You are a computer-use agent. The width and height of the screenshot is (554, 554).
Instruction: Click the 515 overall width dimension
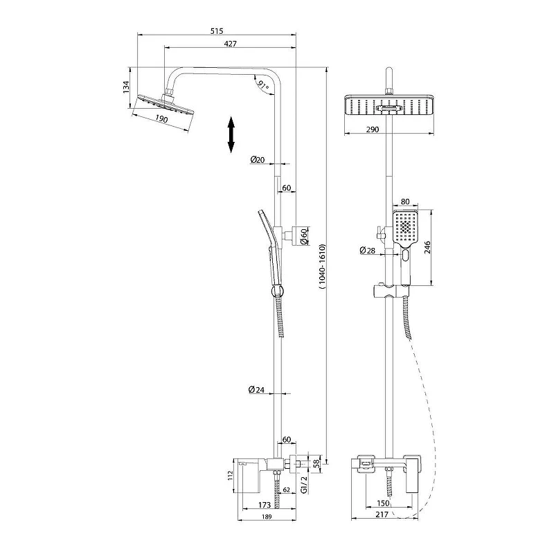click(x=217, y=31)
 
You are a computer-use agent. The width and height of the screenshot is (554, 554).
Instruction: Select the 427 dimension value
click(x=231, y=44)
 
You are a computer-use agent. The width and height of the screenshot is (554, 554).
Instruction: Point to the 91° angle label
click(x=263, y=84)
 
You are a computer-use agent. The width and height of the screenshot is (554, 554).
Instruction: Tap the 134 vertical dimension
click(x=126, y=87)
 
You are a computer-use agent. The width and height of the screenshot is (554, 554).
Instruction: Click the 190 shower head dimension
click(x=161, y=118)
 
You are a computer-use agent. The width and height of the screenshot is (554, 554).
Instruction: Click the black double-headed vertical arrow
click(x=231, y=134)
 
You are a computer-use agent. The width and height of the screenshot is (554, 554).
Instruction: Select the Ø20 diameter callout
click(x=258, y=160)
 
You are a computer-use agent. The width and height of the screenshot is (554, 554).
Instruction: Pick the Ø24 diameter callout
click(x=256, y=390)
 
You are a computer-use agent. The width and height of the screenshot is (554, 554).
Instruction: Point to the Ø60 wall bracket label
click(x=304, y=236)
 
